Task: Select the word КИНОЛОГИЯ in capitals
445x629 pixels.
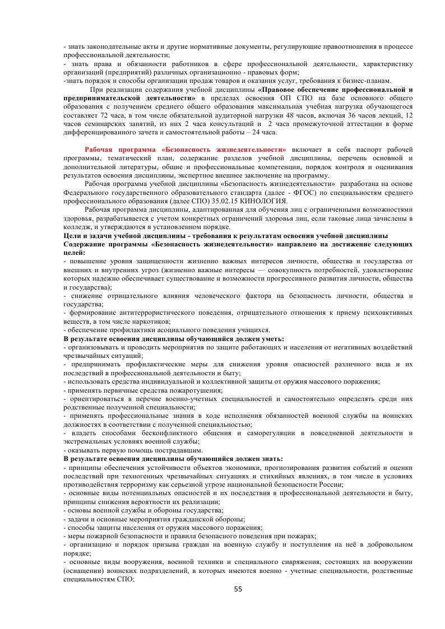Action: pos(262,201)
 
